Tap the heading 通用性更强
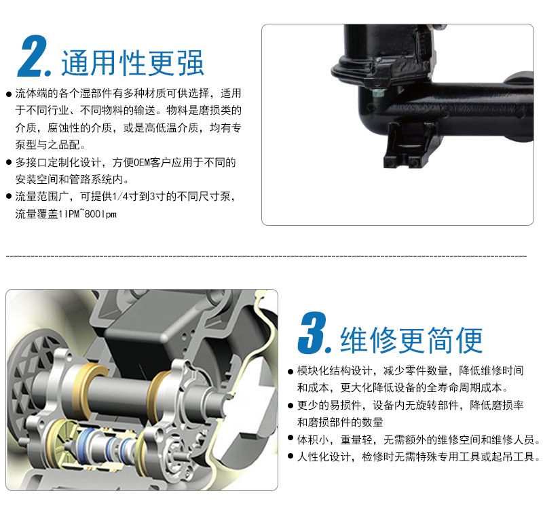click(132, 63)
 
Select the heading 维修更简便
click(411, 341)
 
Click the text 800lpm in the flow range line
click(100, 214)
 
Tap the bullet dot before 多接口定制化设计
click(9, 162)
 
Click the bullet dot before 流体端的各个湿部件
click(9, 94)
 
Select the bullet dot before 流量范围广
click(9, 197)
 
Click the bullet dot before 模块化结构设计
click(291, 371)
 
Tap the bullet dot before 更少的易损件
click(291, 406)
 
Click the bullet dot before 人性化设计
click(291, 456)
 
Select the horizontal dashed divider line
click(266, 256)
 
